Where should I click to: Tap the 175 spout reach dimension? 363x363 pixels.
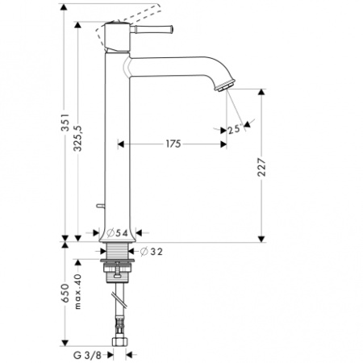(172, 144)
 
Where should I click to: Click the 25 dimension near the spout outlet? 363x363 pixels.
(233, 130)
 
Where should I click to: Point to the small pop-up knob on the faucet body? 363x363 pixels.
(99, 206)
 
